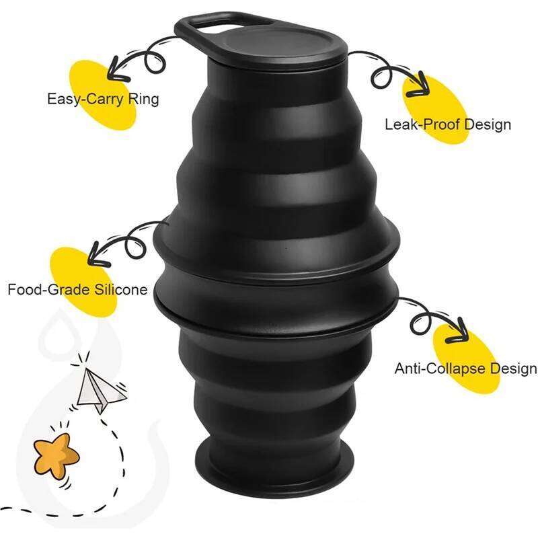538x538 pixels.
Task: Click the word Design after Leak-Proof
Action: coord(488,124)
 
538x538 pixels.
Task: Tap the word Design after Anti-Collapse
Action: coord(514,369)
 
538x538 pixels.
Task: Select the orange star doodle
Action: coord(56,453)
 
